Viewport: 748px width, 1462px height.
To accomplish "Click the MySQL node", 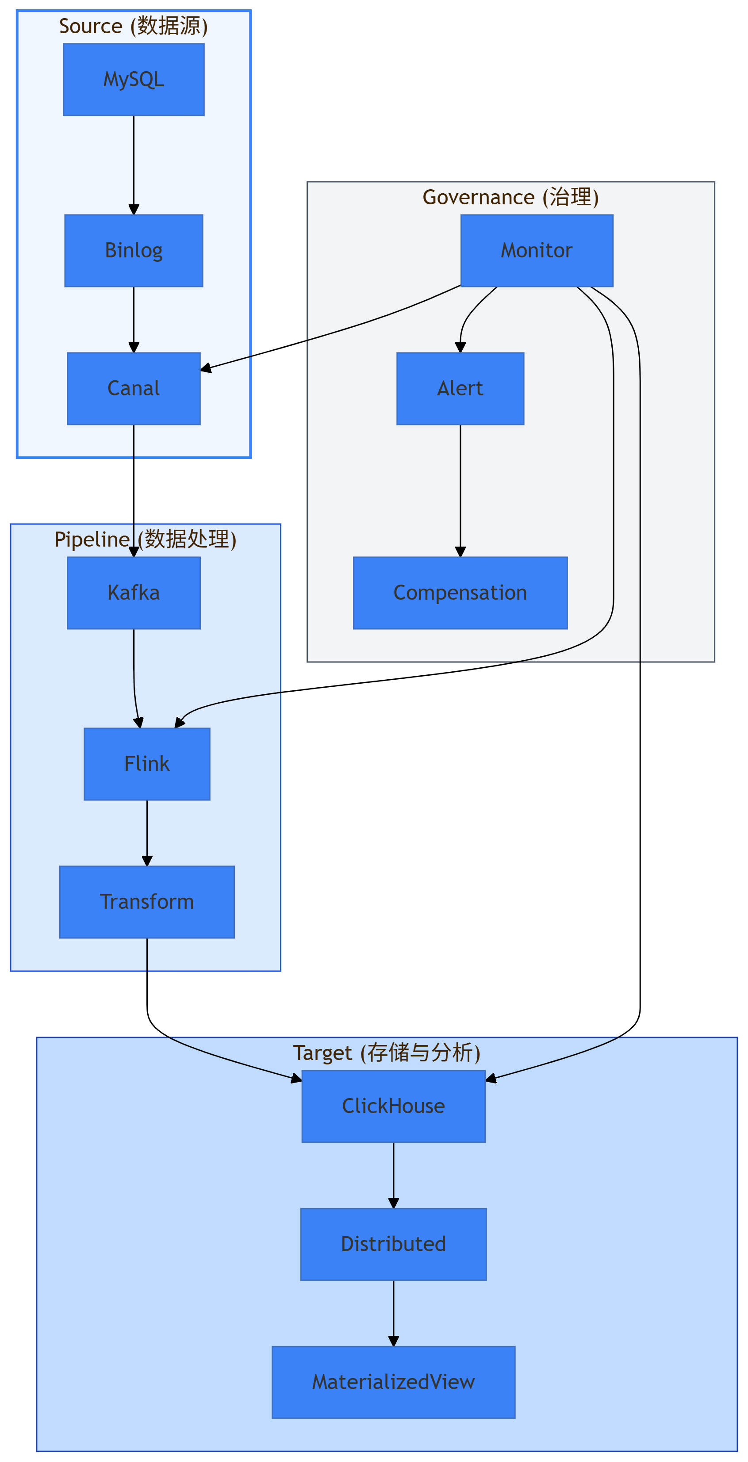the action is (x=134, y=80).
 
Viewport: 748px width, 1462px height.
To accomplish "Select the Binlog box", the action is (x=134, y=250).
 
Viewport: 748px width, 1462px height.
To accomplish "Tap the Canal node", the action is (x=134, y=388).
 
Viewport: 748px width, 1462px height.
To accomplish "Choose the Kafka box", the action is (x=134, y=593).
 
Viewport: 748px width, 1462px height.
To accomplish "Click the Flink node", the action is (x=147, y=764).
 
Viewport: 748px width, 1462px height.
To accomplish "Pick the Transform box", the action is (x=147, y=902).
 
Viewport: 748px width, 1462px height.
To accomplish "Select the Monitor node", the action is (x=537, y=250).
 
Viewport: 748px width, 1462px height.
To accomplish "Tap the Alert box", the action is (x=460, y=388).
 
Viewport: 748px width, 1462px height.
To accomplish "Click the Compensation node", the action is (x=460, y=593).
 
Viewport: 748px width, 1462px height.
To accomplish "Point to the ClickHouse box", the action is (x=393, y=1106).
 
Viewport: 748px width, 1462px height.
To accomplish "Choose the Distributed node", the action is (x=393, y=1244).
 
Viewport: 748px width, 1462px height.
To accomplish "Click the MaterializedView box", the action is (x=393, y=1382).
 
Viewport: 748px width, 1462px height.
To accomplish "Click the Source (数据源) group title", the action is (x=134, y=26).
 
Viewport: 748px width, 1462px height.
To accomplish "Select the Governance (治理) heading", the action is (x=511, y=197).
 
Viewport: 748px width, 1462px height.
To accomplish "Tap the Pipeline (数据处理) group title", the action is (x=145, y=539).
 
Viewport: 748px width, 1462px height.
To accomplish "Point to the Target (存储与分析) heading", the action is (x=387, y=1053).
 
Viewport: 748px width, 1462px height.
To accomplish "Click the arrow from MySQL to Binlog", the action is (x=134, y=165).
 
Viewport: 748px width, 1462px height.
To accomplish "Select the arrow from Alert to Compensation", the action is (x=460, y=491).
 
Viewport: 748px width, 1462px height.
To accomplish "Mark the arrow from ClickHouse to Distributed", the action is (x=393, y=1175).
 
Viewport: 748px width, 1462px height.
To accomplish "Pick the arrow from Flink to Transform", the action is (x=147, y=833).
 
